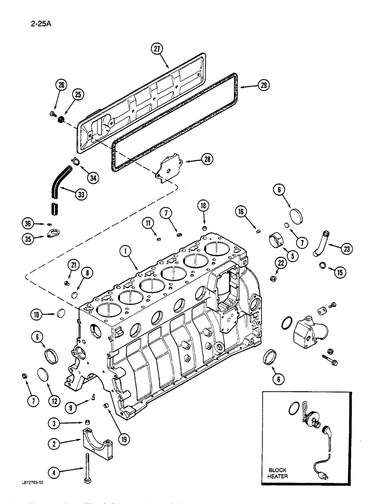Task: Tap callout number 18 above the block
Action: point(204,206)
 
